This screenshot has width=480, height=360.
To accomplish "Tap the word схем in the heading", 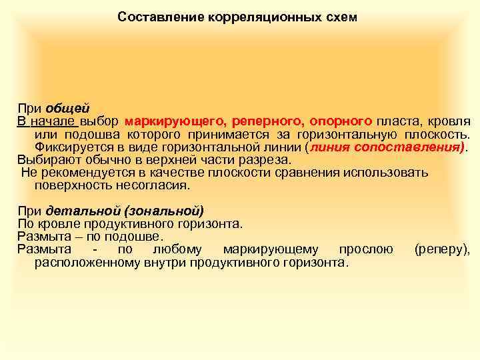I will [340, 17].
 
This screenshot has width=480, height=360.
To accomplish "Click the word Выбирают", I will [44, 160].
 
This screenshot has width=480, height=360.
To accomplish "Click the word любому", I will [180, 249].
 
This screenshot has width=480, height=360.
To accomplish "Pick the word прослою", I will [365, 249].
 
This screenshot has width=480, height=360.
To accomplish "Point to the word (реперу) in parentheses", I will [442, 249].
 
